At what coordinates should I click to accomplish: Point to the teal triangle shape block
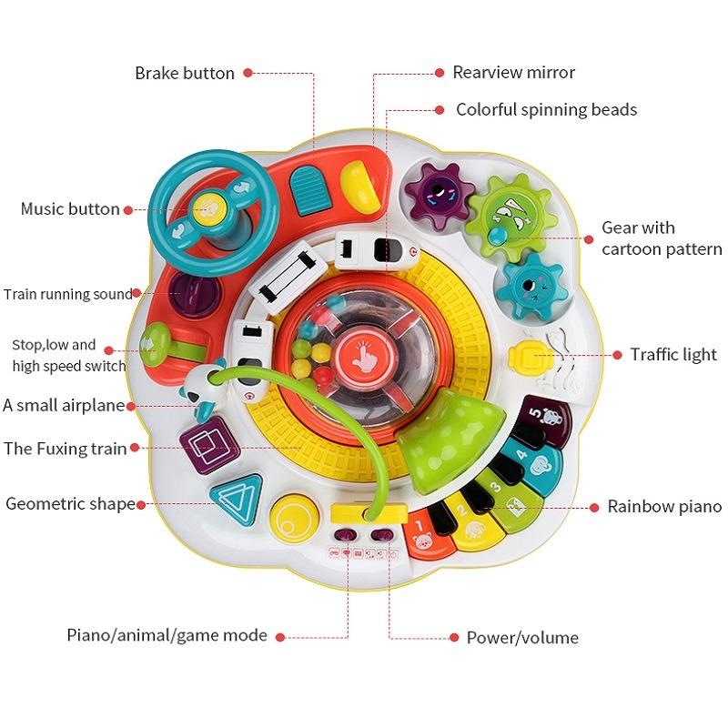tap(237, 498)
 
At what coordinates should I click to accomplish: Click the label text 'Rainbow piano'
tap(664, 506)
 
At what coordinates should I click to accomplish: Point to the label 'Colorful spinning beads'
tap(547, 109)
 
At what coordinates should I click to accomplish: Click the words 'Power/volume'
tap(522, 638)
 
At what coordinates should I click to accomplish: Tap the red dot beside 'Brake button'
tap(248, 73)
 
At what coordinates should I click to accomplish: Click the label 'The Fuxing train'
tap(65, 449)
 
